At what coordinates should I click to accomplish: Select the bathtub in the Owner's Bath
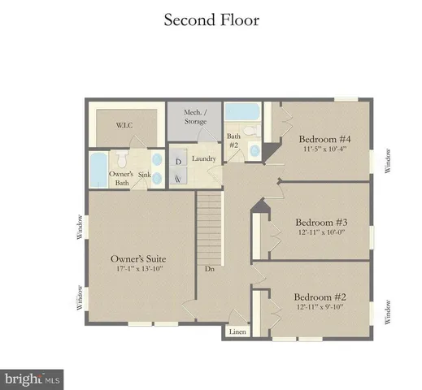[x=98, y=169]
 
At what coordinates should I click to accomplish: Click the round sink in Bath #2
[x=255, y=150]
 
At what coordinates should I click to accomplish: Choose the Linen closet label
[x=237, y=331]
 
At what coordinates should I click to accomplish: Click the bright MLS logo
[x=33, y=378]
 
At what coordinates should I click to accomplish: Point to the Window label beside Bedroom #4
[x=389, y=160]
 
